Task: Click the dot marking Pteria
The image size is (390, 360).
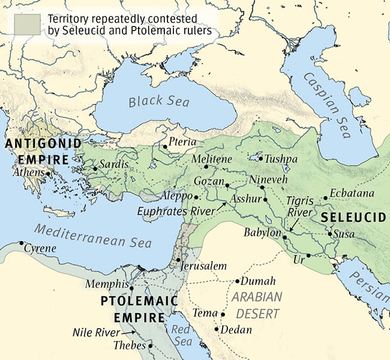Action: point(165,146)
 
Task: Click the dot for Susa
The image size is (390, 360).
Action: point(330,234)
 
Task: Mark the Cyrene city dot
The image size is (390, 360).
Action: point(22,243)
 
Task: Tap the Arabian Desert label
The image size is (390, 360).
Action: point(256,305)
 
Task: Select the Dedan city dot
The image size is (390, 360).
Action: point(217,329)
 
